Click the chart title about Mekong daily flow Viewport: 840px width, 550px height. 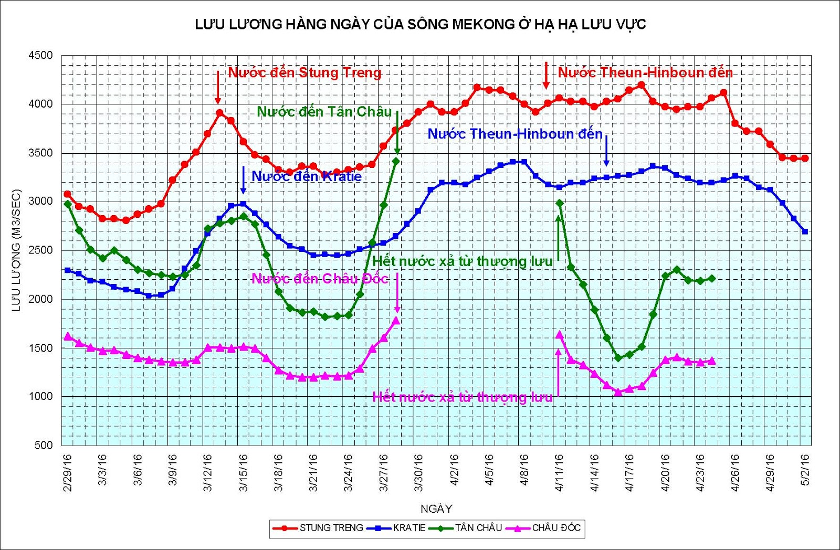tap(420, 24)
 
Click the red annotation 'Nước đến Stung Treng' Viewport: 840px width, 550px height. tap(304, 72)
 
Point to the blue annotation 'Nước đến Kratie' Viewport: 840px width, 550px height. tap(307, 176)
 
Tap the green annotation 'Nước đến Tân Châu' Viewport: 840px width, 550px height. tap(324, 112)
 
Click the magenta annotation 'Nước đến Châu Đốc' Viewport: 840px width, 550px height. tap(320, 279)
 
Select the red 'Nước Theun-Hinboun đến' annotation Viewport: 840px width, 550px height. tap(645, 72)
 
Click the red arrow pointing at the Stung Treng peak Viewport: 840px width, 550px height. tap(218, 88)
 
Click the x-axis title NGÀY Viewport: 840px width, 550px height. tap(436, 509)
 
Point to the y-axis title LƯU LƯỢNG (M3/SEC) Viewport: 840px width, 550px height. tap(16, 250)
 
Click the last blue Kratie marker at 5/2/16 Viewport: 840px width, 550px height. tap(805, 231)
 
